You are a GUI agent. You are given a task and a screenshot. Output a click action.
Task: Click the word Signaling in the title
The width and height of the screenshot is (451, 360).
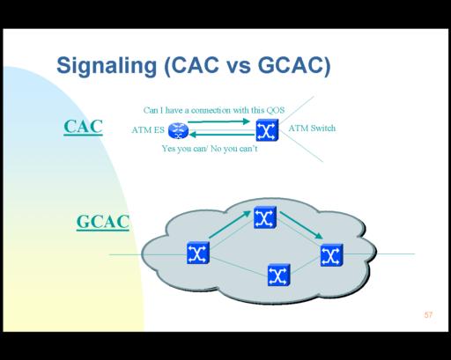pyautogui.click(x=107, y=66)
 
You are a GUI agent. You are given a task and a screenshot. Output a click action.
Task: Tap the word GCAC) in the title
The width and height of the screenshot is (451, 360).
pyautogui.click(x=294, y=66)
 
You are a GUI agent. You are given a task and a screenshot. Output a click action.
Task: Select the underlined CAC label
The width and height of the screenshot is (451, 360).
pyautogui.click(x=83, y=127)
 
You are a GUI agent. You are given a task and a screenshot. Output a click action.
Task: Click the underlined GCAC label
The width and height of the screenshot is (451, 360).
pyautogui.click(x=103, y=222)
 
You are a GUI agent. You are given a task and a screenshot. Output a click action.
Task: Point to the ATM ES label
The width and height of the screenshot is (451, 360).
pyautogui.click(x=148, y=129)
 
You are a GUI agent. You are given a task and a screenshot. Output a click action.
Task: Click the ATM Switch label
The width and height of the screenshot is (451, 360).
pyautogui.click(x=312, y=129)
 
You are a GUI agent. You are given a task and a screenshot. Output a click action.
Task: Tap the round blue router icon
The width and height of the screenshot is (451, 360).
pyautogui.click(x=178, y=130)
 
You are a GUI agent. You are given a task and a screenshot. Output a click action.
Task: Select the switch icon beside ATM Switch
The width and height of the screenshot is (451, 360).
pyautogui.click(x=267, y=130)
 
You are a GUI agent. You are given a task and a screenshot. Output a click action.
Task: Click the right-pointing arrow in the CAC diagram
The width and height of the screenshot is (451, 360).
pyautogui.click(x=218, y=121)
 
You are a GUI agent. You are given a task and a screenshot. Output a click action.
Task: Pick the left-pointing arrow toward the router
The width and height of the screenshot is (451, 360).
pyautogui.click(x=222, y=135)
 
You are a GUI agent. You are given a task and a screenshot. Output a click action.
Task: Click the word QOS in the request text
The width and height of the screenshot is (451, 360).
pyautogui.click(x=276, y=110)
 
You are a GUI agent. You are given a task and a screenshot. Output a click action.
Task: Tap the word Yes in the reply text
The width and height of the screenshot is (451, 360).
pyautogui.click(x=168, y=149)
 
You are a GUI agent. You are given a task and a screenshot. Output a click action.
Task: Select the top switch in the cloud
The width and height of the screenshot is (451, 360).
pyautogui.click(x=265, y=217)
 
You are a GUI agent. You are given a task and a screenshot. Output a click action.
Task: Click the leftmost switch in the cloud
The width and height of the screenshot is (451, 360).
pyautogui.click(x=198, y=253)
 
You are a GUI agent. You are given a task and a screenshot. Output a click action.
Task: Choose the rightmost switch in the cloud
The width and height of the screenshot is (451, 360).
pyautogui.click(x=332, y=255)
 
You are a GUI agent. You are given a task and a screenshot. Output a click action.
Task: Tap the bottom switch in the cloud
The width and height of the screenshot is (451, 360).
pyautogui.click(x=279, y=275)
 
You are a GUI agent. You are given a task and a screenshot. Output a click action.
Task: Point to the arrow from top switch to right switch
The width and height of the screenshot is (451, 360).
pyautogui.click(x=301, y=225)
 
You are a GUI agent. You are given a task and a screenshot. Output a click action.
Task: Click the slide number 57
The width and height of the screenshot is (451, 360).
pyautogui.click(x=428, y=315)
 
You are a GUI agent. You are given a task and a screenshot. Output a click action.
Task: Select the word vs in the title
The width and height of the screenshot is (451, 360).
pyautogui.click(x=239, y=66)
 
